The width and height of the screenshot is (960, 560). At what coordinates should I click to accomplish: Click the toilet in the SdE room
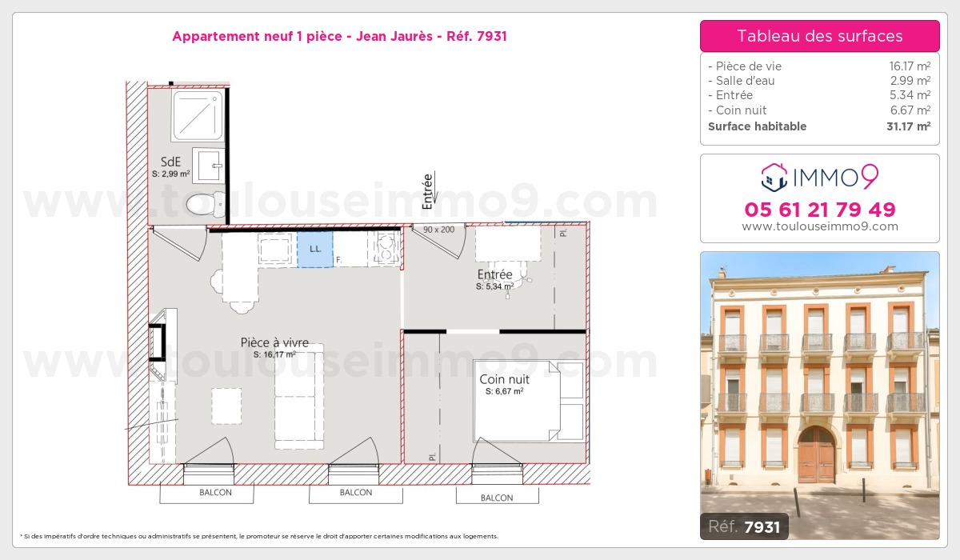(x=199, y=204)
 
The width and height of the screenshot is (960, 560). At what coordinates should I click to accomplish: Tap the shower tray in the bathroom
(x=197, y=116)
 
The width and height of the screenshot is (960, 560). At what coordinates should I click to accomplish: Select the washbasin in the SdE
(x=208, y=166)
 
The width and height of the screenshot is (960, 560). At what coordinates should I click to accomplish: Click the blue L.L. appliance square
(x=315, y=249)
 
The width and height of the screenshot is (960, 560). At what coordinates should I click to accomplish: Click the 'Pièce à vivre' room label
(x=274, y=342)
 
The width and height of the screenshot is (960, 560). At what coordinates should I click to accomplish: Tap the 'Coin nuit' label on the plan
(x=504, y=379)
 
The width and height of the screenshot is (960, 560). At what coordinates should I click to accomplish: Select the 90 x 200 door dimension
(x=439, y=230)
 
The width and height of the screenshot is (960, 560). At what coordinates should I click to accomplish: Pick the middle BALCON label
(x=355, y=493)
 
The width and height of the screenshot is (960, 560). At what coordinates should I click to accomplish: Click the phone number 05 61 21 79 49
(x=820, y=210)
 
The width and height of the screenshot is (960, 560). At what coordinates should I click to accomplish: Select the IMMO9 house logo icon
(x=774, y=178)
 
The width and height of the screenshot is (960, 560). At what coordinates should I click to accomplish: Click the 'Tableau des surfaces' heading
(x=820, y=36)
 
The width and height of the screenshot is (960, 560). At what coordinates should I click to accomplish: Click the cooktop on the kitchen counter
(x=385, y=247)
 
